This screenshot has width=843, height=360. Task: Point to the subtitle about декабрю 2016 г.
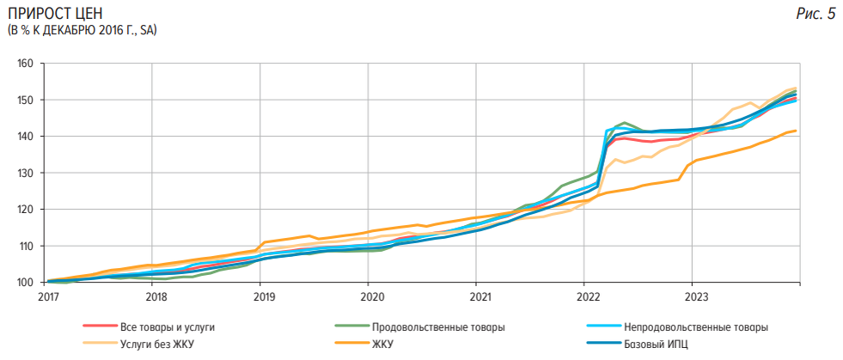point(82,31)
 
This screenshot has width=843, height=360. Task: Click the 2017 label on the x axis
point(48,297)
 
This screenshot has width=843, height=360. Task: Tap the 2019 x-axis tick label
point(264,297)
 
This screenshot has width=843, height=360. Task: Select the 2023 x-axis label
point(695,297)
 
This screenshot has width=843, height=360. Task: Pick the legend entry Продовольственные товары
point(438,327)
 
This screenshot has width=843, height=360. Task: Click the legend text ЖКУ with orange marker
point(383,344)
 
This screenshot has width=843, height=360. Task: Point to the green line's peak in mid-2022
point(624,123)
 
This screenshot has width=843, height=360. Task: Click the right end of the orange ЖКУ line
point(796,131)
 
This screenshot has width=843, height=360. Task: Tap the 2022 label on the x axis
point(587,297)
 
